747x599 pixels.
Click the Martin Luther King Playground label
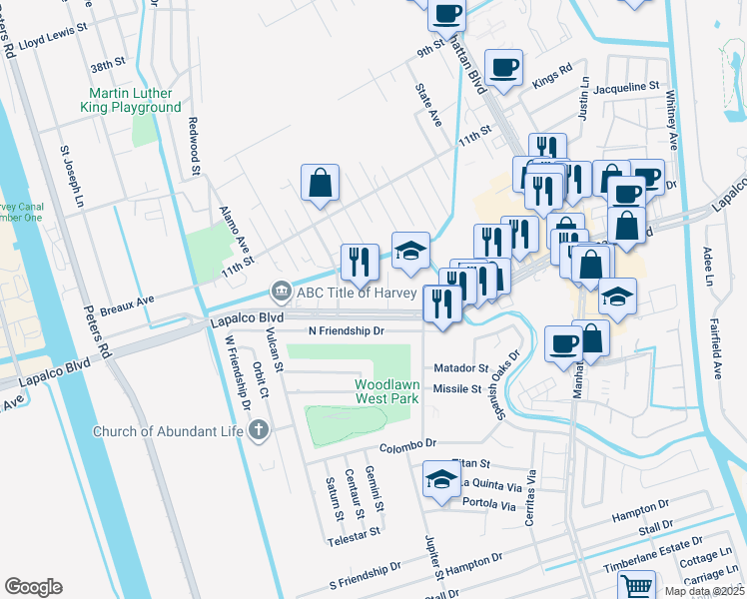click(133, 100)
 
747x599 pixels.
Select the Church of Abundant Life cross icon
click(258, 431)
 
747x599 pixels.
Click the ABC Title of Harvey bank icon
click(281, 292)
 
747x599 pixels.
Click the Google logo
click(33, 587)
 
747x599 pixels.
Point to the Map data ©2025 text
click(703, 591)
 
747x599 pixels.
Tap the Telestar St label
click(354, 533)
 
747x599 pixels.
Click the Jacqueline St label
click(626, 88)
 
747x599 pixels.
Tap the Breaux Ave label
click(129, 299)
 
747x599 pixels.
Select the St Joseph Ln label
click(70, 179)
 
